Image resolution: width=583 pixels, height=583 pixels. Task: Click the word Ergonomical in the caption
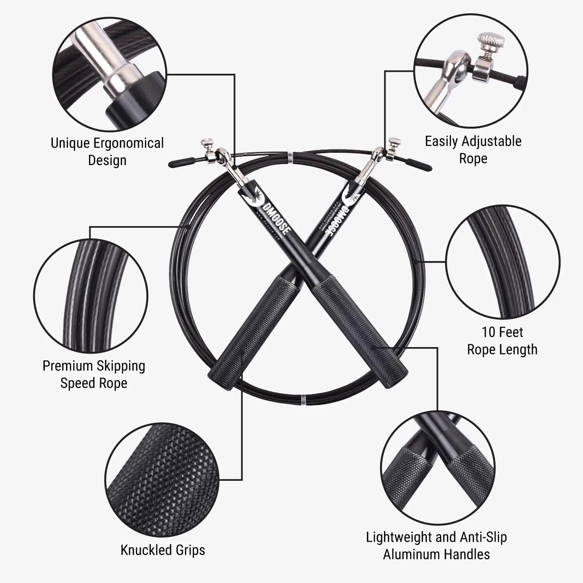(x=129, y=143)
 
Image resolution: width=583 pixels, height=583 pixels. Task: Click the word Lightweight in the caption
(x=399, y=537)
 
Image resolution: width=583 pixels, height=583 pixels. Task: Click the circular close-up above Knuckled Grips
(x=162, y=479)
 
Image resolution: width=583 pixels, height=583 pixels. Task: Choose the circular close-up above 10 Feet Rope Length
(x=503, y=262)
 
